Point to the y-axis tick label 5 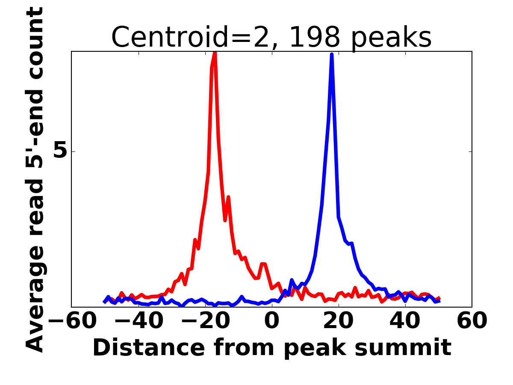pos(61,151)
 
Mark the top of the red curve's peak pos(215,53)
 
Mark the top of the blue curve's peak pos(332,54)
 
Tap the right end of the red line pos(439,298)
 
